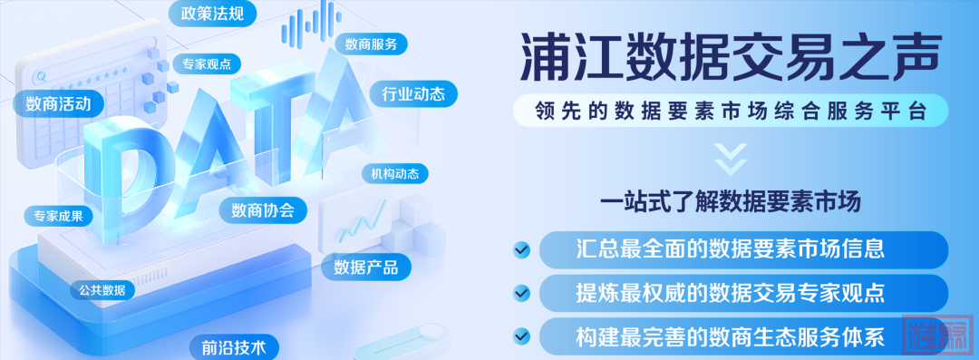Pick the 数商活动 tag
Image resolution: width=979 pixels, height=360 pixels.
pos(58,103)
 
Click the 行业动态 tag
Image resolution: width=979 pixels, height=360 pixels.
pos(412,94)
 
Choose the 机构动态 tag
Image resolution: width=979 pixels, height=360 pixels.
pos(395,174)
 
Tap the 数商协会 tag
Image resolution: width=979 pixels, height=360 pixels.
pos(262,209)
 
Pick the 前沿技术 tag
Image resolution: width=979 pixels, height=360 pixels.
pos(233,347)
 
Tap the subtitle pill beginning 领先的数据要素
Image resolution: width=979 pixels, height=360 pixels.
pos(730,112)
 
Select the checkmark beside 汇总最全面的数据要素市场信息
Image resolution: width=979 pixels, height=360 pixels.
pos(521,250)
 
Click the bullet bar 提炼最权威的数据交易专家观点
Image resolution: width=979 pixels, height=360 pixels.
pos(743,292)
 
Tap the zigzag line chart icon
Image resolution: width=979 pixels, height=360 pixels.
pos(363,221)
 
